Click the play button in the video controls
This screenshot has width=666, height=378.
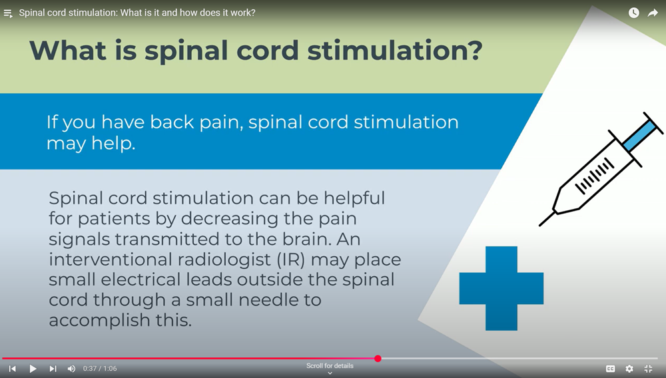(33, 369)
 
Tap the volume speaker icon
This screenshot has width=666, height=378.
(71, 369)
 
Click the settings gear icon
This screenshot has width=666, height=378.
(629, 369)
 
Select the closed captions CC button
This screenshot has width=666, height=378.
(610, 369)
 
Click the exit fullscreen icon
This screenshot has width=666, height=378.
(648, 369)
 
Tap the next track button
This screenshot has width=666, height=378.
(53, 369)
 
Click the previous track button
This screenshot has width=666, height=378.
(13, 369)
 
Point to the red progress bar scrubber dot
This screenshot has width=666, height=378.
(378, 359)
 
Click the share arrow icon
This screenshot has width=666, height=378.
(653, 13)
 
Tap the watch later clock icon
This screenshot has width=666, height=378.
(634, 13)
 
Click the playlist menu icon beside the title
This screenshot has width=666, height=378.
(8, 13)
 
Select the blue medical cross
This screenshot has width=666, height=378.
(501, 288)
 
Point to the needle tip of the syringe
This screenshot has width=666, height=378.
(540, 226)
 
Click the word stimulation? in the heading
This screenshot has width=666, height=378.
(395, 50)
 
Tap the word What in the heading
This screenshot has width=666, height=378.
(68, 50)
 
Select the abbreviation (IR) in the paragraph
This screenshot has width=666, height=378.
(291, 260)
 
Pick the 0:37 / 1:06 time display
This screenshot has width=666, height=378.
(100, 369)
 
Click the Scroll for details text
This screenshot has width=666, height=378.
(330, 366)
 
